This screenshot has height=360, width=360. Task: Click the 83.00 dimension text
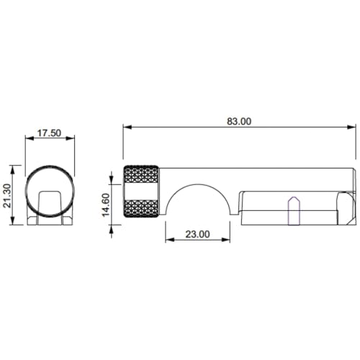coord(239,122)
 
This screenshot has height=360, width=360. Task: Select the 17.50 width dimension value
coord(50,133)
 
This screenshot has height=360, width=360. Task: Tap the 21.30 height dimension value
coord(7,195)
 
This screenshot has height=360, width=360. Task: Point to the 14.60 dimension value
coord(106,204)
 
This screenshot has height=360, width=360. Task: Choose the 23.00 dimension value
coord(197,234)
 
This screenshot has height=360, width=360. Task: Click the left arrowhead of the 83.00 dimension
coord(127,127)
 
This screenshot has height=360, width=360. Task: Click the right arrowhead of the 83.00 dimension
coord(351,127)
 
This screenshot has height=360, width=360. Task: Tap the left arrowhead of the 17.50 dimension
coord(30,138)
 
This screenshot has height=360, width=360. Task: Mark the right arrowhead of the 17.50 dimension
coord(70,138)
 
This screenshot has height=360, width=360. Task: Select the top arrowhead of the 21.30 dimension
coord(13,170)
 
